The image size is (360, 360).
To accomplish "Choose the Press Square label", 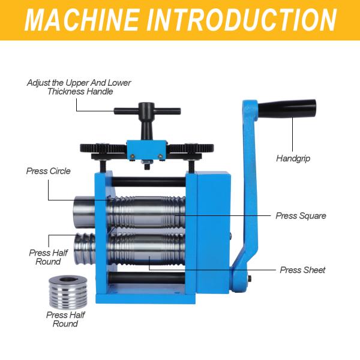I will point(301,215).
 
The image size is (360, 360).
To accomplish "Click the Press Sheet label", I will point(302,270).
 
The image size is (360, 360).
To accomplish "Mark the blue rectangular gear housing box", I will point(214,228).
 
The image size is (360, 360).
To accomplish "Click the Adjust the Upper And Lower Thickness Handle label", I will point(79,87).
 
